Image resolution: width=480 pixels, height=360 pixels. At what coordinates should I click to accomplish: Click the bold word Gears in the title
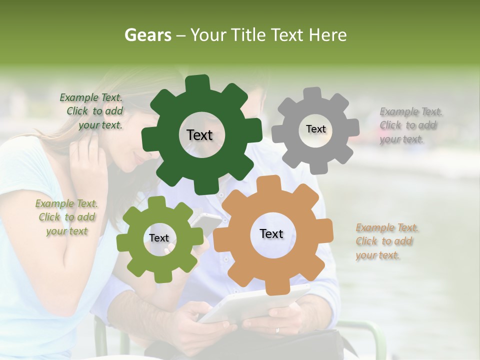[147, 35]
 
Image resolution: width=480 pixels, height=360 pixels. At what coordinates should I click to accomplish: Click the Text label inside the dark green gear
[200, 135]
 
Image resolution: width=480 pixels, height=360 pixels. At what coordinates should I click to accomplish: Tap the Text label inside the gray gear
[315, 129]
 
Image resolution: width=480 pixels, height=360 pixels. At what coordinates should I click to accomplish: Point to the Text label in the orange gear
[271, 233]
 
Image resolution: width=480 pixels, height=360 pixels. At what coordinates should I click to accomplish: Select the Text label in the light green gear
[159, 238]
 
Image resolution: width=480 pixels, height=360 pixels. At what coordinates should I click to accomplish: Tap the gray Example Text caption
[410, 125]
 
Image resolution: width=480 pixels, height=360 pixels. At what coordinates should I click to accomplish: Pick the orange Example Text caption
[386, 241]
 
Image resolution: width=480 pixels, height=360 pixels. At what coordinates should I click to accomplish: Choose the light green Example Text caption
[66, 217]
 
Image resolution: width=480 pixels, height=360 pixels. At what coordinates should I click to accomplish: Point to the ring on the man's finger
[278, 330]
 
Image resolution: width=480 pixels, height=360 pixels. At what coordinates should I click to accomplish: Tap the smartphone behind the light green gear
[206, 222]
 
